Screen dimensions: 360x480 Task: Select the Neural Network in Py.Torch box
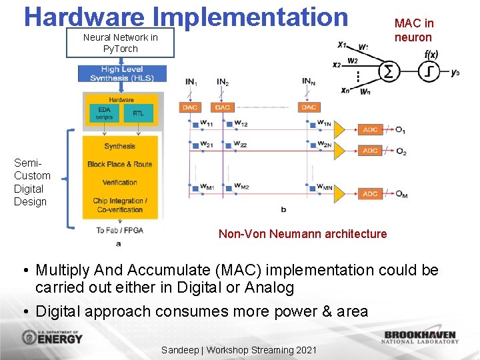(121, 43)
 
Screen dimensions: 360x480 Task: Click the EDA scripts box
(104, 113)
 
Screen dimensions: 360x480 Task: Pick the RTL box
(138, 113)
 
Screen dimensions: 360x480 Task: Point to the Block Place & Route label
(120, 164)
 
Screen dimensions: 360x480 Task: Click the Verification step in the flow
(120, 182)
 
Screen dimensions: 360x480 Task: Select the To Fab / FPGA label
(119, 231)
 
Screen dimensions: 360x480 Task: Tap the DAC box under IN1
(190, 107)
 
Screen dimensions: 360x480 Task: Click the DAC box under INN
(309, 107)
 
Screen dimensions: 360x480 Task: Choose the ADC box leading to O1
(370, 130)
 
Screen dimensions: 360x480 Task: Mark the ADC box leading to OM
(370, 194)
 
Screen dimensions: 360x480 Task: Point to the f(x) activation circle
(429, 71)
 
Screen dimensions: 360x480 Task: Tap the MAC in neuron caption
(413, 31)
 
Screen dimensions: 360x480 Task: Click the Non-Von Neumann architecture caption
(303, 234)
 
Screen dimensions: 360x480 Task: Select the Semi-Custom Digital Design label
(31, 182)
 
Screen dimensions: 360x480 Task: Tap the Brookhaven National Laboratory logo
(420, 337)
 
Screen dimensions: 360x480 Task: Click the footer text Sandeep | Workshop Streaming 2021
(239, 350)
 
